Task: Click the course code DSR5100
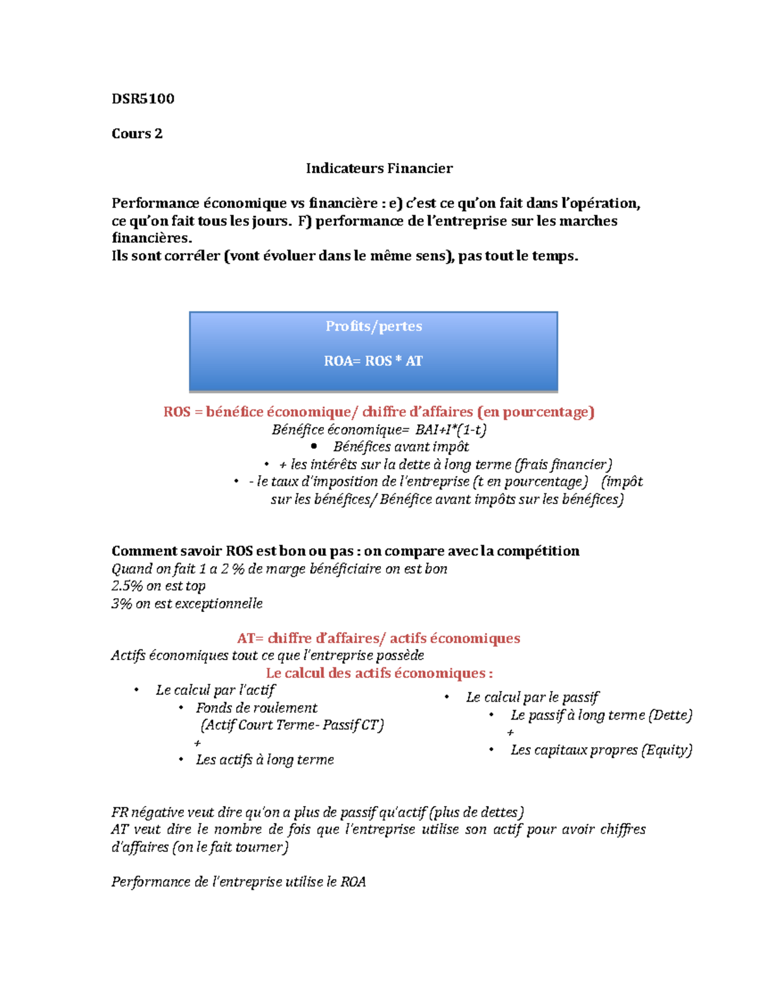(143, 99)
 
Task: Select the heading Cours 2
(136, 133)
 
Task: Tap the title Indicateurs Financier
(379, 168)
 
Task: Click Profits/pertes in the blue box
(373, 326)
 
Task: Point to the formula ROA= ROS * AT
(373, 361)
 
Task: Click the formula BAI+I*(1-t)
(450, 430)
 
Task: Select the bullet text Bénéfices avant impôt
(401, 447)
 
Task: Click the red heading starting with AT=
(378, 638)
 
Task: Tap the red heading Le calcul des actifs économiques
(379, 673)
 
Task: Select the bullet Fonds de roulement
(256, 707)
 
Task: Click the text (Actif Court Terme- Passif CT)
(292, 725)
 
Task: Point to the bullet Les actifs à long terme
(265, 759)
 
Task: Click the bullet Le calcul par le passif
(532, 697)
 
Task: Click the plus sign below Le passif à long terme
(510, 733)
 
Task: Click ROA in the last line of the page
(353, 882)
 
